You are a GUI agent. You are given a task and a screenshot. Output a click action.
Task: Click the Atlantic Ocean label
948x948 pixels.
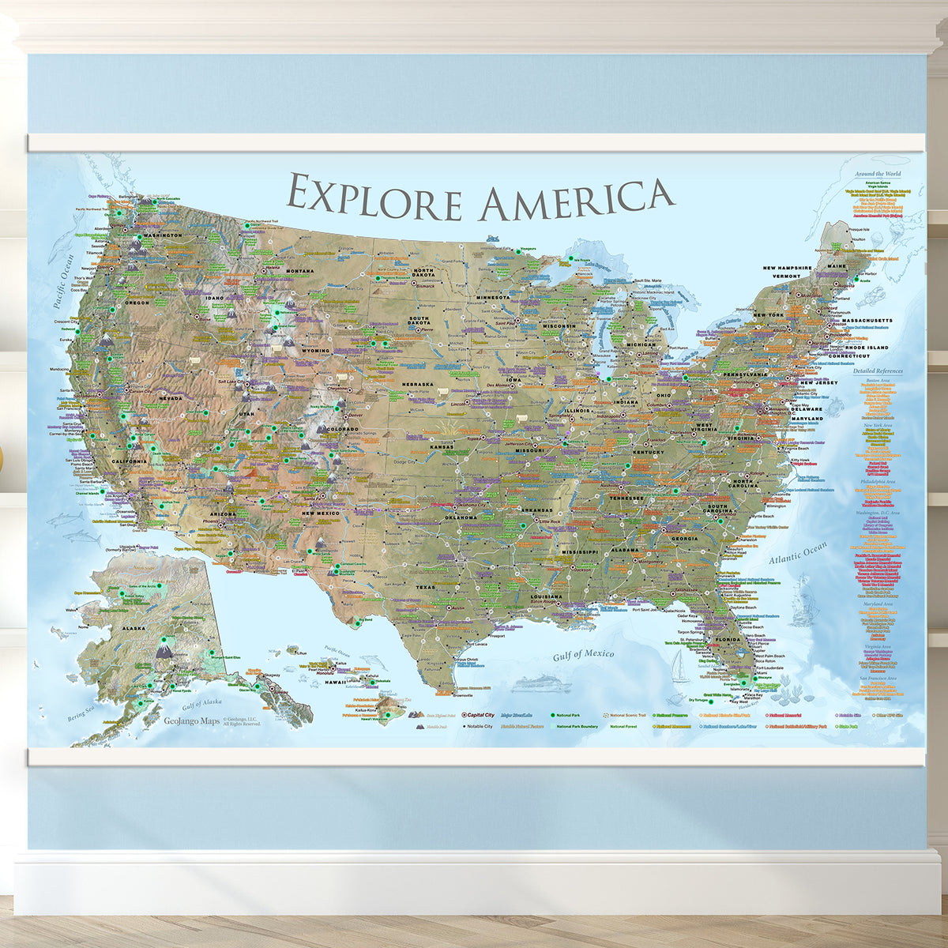[x=798, y=553]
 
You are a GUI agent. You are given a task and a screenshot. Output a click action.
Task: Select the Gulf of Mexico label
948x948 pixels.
[x=583, y=654]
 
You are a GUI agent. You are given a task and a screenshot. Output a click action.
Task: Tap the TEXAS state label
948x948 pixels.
[x=426, y=587]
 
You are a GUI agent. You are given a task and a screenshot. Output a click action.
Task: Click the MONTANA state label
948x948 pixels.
[x=300, y=271]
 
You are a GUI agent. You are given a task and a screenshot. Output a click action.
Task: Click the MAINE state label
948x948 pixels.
[x=837, y=265]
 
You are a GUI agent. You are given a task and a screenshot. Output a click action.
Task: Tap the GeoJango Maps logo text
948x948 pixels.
[x=191, y=720]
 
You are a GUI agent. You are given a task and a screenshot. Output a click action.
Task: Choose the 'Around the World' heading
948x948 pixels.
[x=876, y=173]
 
